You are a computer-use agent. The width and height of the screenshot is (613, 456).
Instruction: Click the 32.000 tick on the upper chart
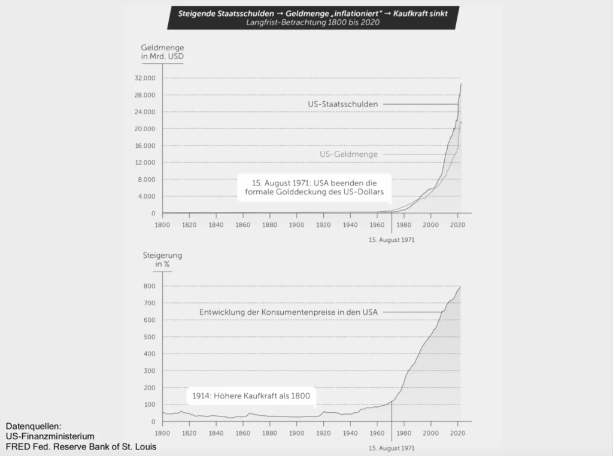coord(144,78)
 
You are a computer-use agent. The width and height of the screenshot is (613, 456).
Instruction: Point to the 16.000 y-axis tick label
coord(144,146)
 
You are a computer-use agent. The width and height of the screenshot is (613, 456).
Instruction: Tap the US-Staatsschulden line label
coord(342,104)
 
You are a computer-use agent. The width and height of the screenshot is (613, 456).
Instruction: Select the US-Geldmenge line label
coord(348,154)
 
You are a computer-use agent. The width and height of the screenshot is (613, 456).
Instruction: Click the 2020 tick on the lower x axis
coord(458,433)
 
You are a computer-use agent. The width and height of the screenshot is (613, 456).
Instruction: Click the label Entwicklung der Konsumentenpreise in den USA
coord(288,312)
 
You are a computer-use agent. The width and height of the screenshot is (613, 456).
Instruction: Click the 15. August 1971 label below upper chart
coord(391,239)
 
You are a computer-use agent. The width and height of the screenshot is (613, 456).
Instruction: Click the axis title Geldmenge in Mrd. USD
coord(162,51)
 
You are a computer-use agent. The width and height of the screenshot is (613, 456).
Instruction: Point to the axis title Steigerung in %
coord(162,260)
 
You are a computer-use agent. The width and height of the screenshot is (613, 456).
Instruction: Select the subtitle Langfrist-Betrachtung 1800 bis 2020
coord(312,22)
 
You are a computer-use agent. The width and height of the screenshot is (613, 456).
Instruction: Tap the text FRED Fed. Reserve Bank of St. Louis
coord(81,446)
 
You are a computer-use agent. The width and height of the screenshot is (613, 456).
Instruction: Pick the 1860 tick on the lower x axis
coord(242,433)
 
